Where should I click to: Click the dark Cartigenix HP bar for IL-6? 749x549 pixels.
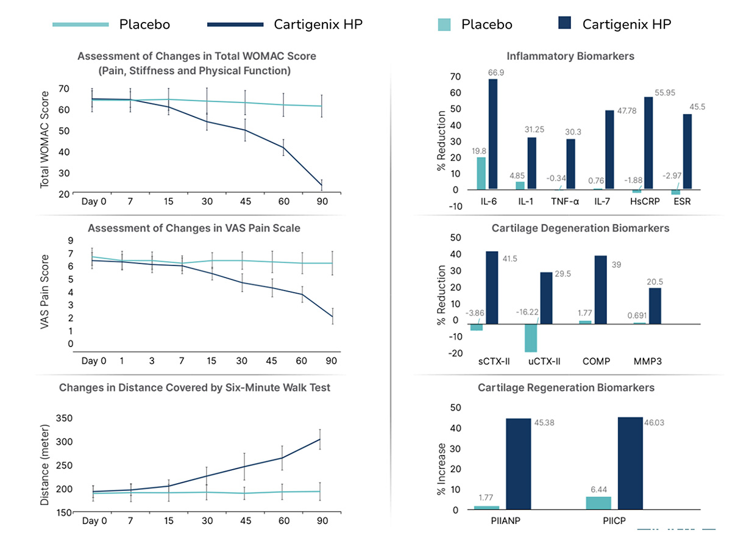point(492,134)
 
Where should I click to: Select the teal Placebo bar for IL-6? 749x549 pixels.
point(481,173)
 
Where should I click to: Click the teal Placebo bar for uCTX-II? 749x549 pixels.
point(531,338)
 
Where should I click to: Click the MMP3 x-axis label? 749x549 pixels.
point(646,361)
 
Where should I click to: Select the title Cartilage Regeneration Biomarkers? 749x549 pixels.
point(566,387)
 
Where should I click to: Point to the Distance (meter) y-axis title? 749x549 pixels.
point(44,466)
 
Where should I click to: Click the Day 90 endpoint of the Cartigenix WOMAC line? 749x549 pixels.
point(321,185)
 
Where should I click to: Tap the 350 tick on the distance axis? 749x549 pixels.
point(64,418)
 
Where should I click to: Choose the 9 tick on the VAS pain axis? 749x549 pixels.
point(70,240)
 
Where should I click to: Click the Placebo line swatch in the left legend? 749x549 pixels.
point(80,24)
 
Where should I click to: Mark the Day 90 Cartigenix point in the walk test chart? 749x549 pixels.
point(320,439)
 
